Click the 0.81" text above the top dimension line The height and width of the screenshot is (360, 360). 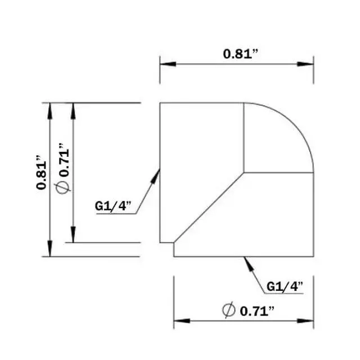click(241, 54)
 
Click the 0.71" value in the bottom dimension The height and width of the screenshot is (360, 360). click(256, 310)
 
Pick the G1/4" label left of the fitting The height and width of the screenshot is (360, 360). click(112, 206)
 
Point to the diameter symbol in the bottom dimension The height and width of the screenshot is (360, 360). click(228, 309)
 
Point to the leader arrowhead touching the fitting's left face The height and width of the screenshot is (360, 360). click(157, 175)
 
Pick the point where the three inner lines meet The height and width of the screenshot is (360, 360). click(244, 172)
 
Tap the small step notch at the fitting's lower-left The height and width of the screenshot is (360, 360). click(173, 243)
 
